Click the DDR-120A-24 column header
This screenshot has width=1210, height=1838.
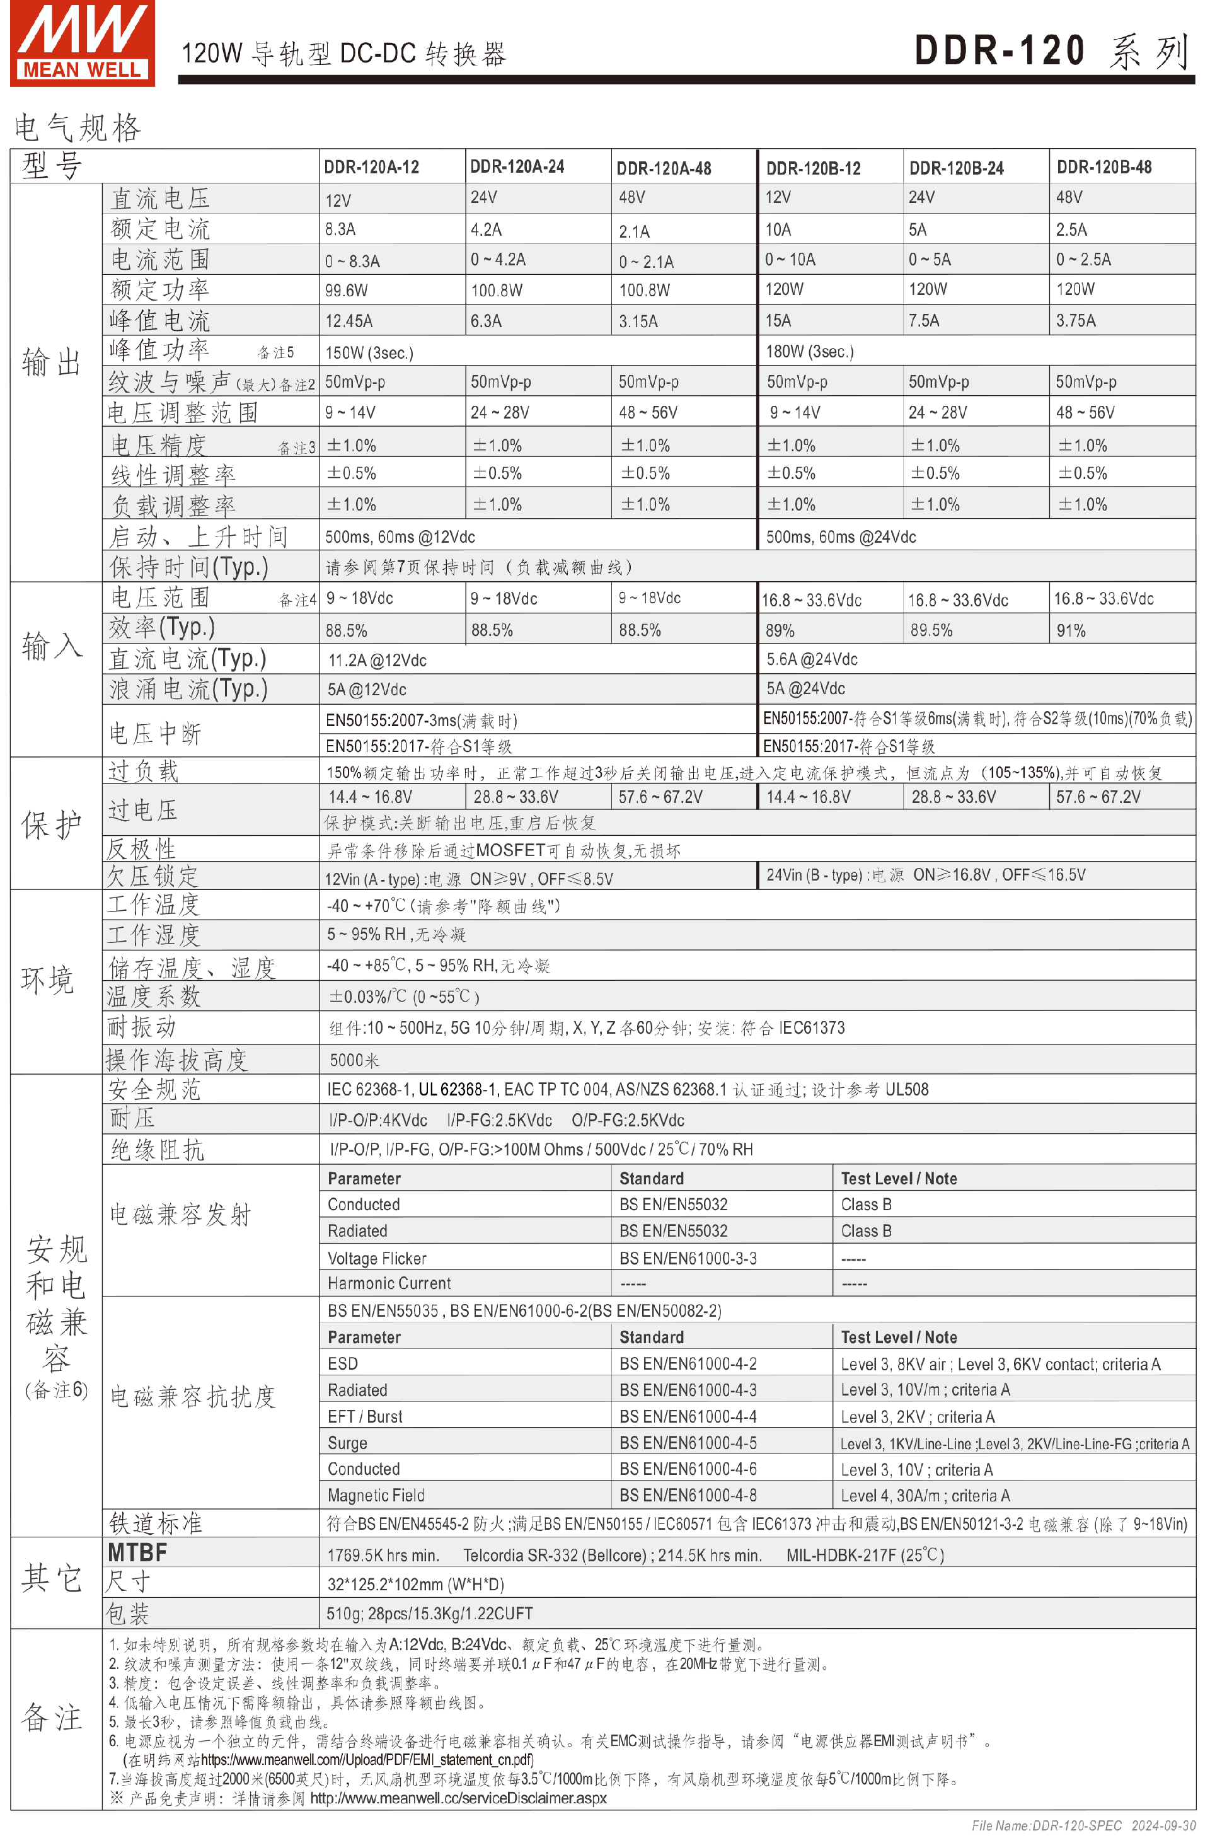click(517, 167)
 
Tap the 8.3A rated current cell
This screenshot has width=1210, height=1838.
click(340, 229)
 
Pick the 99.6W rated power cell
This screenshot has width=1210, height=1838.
click(346, 291)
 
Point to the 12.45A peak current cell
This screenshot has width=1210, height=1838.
click(349, 320)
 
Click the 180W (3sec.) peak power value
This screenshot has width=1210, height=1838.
click(809, 351)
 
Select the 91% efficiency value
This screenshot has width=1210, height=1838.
click(1070, 630)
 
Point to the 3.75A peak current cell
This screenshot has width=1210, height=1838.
click(1076, 320)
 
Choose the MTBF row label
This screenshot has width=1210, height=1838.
click(137, 1552)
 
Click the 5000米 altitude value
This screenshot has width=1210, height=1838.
click(354, 1060)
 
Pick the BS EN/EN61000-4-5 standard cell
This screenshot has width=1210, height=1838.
click(687, 1443)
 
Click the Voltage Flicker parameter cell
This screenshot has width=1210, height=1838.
click(377, 1259)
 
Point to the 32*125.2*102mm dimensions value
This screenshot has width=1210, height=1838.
click(415, 1585)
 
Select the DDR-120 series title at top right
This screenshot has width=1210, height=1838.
click(1050, 51)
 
